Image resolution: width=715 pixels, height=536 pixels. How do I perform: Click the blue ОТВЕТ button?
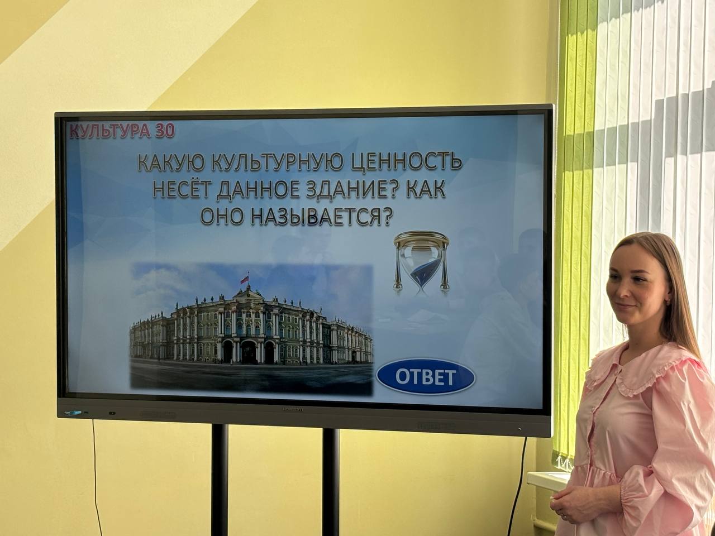(x=426, y=377)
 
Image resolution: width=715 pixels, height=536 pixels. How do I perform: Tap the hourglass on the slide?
(x=421, y=264)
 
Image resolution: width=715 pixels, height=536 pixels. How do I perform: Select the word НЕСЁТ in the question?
(x=181, y=190)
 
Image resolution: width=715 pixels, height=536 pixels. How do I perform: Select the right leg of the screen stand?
(x=331, y=482)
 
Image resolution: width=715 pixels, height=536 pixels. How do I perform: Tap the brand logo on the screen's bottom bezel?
(x=292, y=409)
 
